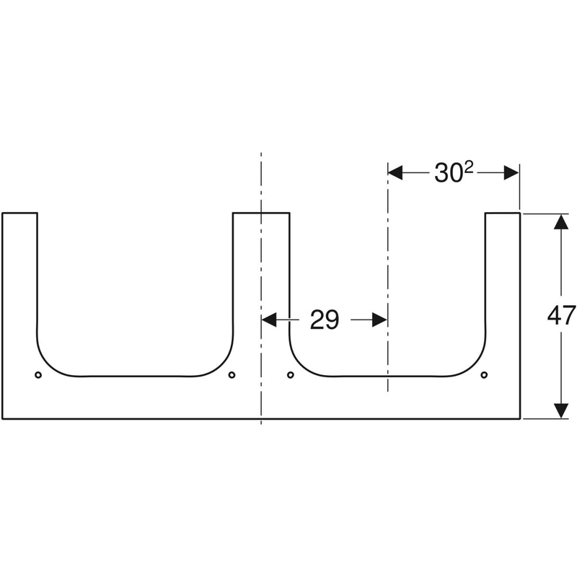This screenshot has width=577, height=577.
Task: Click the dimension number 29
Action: pos(324,320)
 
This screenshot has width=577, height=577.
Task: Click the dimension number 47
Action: pos(562,315)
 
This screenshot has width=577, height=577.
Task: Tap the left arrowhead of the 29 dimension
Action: pos(268,320)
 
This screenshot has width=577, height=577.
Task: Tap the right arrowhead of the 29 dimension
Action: pos(380,320)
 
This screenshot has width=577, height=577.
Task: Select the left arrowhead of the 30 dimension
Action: pos(395,172)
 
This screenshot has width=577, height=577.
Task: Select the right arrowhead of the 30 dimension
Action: pos(511,172)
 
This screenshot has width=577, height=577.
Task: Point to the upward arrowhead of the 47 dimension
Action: pos(561,222)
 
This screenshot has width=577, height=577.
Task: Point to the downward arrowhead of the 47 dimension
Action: pos(561,410)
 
